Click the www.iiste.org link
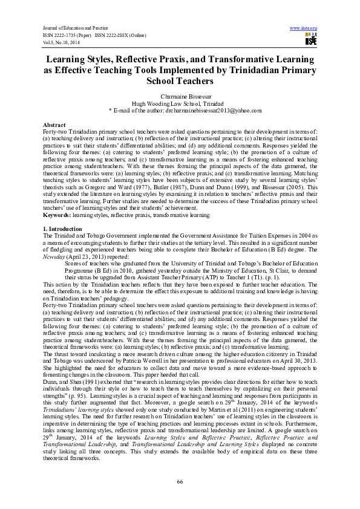[x=304, y=28]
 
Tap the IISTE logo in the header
[x=311, y=39]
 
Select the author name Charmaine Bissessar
[x=180, y=97]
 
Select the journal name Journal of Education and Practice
[x=75, y=28]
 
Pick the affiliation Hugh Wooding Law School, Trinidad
[x=180, y=103]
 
